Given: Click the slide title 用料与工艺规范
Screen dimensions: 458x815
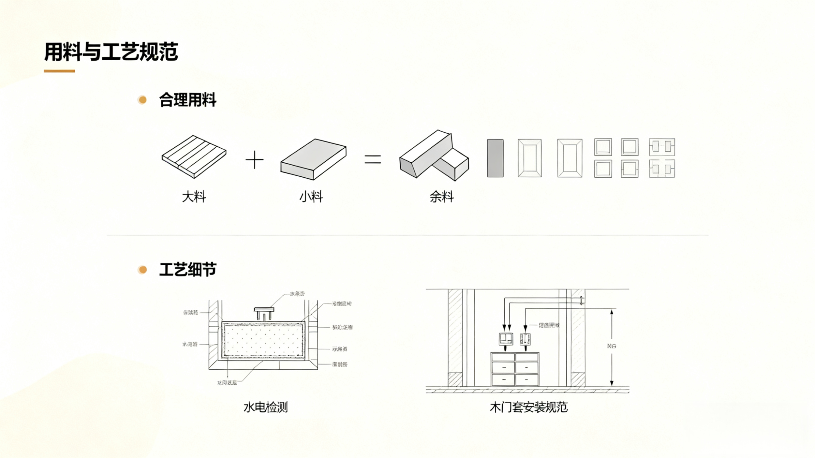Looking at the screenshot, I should coord(111,52).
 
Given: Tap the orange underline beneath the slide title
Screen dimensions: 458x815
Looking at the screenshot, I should coord(59,71).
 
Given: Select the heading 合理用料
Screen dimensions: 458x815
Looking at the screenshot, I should coord(187,100).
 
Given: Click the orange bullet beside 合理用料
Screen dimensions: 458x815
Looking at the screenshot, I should coord(142,100).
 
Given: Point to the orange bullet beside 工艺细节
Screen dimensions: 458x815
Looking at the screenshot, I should coord(142,270).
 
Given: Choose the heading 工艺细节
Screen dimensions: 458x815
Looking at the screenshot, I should coord(187,270).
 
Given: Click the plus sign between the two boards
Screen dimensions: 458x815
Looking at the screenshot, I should coord(254,160).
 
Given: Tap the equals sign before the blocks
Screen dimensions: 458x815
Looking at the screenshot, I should coord(373,159).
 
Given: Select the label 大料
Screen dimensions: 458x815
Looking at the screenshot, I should coord(194,197).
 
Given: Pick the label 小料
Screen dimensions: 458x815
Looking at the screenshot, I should coord(311,197).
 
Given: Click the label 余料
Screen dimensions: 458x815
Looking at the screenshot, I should coord(442,197).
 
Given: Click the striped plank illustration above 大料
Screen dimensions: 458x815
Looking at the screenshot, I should coord(194,156).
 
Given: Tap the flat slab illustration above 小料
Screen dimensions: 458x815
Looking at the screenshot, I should coord(313,159).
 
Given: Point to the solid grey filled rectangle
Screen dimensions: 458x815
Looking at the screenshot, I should coord(495,158).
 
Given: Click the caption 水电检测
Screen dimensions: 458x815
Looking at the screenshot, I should coord(265,407).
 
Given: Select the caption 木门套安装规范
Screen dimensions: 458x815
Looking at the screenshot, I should coord(528,407).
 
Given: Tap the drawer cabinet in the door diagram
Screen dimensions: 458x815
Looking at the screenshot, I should coord(515,369).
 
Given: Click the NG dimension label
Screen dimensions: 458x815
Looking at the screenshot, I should coord(612,346).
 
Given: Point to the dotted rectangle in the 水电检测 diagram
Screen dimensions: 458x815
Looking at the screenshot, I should coord(263,340).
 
